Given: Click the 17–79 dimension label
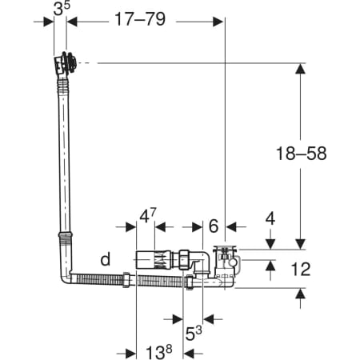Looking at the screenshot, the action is (x=140, y=19).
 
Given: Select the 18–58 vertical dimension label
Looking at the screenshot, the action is (x=301, y=154).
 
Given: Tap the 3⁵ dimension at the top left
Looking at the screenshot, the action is (x=62, y=9).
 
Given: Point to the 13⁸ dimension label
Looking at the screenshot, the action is (x=159, y=352).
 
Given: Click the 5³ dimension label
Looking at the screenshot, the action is (x=194, y=333).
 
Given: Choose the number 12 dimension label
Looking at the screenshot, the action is (x=301, y=269).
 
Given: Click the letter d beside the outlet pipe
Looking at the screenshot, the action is (x=106, y=258).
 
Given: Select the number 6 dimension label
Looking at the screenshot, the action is (x=214, y=226).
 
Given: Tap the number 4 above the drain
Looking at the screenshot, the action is (x=270, y=219).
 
